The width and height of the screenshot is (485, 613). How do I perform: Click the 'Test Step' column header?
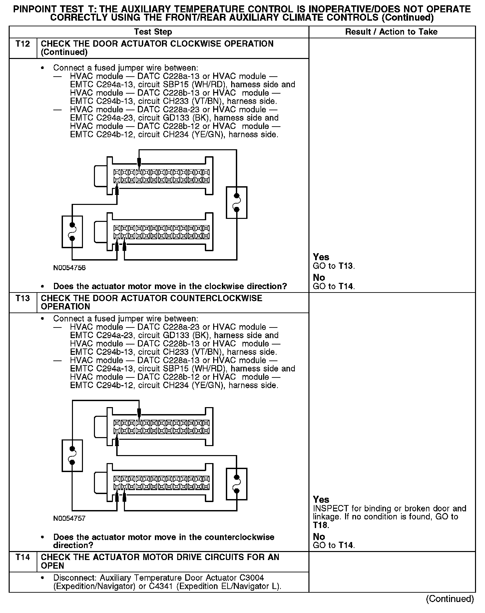153,32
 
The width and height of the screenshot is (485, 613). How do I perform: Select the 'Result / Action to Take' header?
391,32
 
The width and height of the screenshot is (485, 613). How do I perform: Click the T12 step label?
23,44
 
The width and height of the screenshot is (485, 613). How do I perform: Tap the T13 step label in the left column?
23,298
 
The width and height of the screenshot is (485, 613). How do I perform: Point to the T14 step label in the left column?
23,557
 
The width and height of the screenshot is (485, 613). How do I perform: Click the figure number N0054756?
69,268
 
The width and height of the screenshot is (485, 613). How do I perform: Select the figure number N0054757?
69,518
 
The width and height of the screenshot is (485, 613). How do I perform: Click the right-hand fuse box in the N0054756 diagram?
237,203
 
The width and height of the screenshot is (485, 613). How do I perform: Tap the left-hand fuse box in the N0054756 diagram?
72,232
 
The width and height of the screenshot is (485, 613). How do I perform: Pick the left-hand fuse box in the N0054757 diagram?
72,456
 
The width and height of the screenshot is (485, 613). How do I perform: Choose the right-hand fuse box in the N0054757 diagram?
237,484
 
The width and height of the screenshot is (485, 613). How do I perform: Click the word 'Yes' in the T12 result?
321,257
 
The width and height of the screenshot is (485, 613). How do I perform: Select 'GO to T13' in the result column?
334,266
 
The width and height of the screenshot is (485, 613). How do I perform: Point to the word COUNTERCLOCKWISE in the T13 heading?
216,298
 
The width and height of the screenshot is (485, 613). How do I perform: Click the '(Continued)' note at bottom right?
450,599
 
